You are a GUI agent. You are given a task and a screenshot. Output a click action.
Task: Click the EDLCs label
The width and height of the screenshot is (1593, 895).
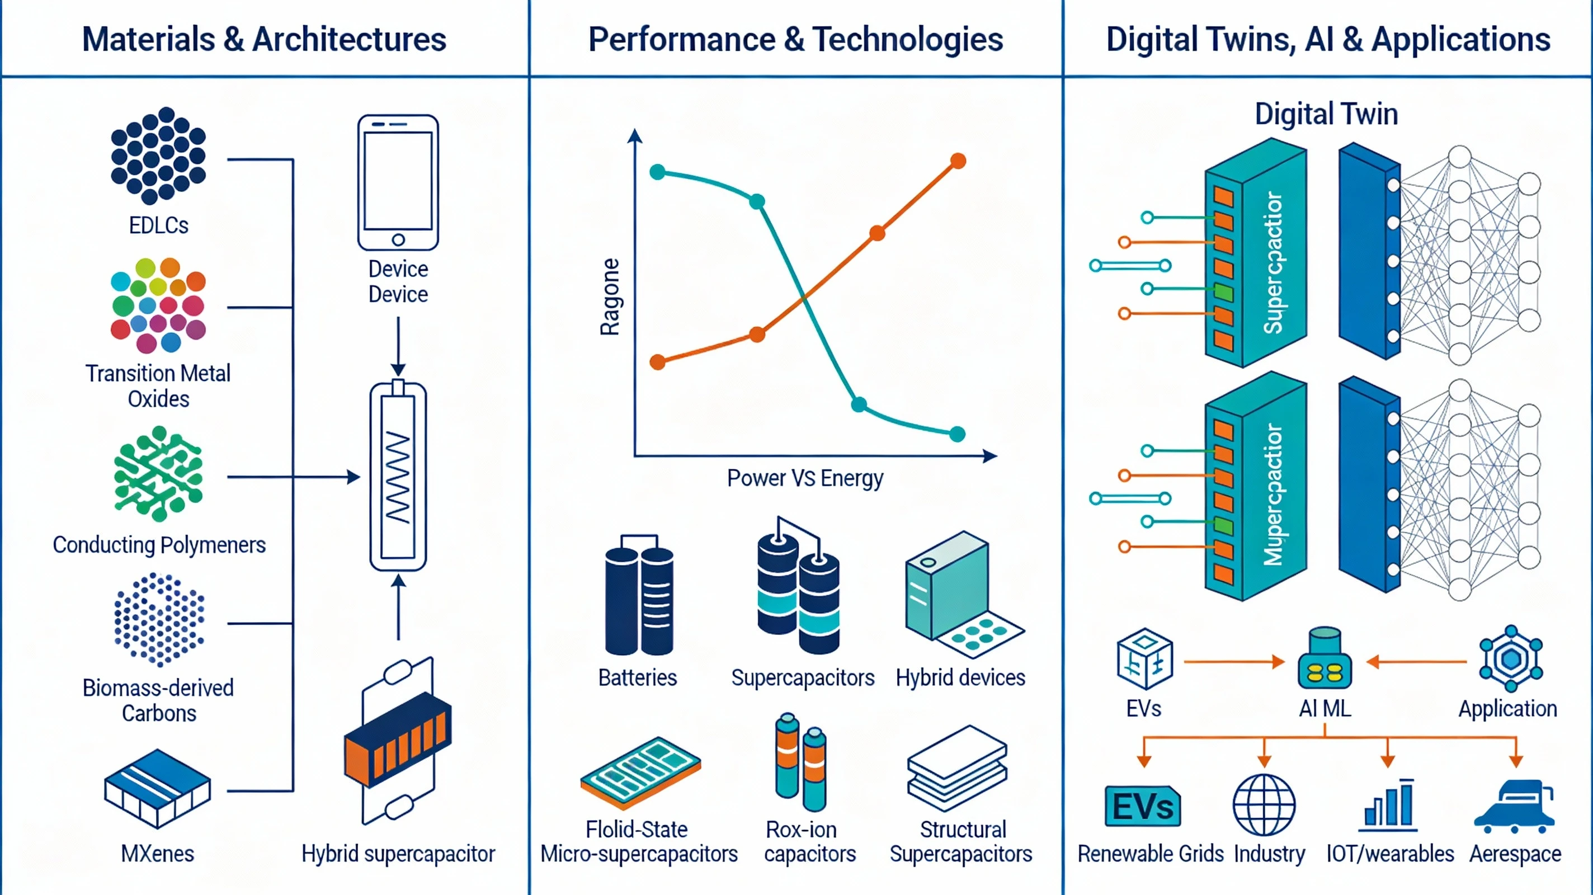(158, 225)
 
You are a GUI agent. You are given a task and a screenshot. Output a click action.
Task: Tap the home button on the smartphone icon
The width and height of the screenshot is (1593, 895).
(398, 239)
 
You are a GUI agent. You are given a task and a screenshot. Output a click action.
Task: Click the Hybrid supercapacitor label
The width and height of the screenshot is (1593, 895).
(398, 854)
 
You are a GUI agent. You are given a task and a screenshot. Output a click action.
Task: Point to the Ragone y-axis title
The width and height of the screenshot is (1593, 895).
(610, 297)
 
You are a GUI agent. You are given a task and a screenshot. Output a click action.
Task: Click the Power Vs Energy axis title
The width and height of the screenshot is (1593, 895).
(804, 478)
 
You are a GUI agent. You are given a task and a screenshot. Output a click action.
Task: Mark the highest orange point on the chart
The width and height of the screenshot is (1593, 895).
(958, 162)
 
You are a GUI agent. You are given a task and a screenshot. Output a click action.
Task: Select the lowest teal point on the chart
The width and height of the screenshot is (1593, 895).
(957, 434)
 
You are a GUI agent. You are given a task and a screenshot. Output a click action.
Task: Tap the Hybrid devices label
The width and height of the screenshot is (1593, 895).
(960, 678)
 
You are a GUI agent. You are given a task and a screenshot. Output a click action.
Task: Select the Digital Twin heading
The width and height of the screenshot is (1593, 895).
(1326, 115)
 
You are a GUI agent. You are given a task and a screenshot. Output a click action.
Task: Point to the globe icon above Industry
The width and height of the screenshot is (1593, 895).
(1264, 805)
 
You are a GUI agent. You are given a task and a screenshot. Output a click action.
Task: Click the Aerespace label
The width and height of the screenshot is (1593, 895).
(1515, 854)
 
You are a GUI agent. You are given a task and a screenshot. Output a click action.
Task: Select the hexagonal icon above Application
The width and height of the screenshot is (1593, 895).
(1511, 659)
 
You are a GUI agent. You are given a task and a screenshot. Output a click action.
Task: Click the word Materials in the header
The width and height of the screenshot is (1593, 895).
(148, 40)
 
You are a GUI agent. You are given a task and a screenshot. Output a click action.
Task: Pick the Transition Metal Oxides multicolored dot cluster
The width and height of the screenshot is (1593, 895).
(158, 305)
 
